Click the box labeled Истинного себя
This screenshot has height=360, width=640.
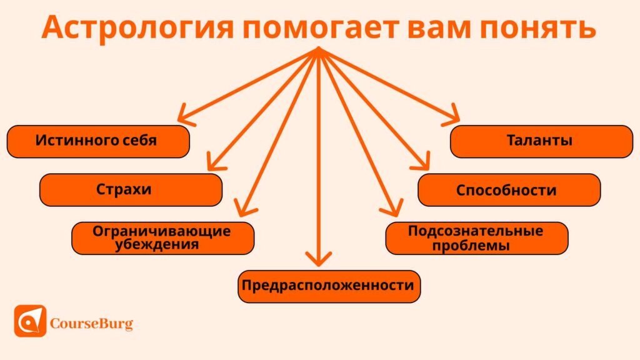pyautogui.click(x=97, y=141)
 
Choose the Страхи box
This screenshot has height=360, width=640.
pyautogui.click(x=131, y=189)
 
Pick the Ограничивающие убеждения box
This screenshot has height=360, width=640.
pyautogui.click(x=162, y=237)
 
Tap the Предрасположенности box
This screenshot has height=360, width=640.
pyautogui.click(x=328, y=286)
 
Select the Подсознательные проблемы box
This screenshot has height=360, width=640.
pyautogui.click(x=476, y=237)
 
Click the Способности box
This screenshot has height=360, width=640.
pyautogui.click(x=509, y=189)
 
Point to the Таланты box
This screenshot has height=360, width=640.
pyautogui.click(x=541, y=141)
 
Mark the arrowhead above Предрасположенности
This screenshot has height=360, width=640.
pyautogui.click(x=319, y=259)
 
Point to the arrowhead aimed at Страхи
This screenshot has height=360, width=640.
pyautogui.click(x=214, y=164)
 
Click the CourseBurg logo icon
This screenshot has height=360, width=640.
pyautogui.click(x=30, y=321)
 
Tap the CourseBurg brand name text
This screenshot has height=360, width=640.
pyautogui.click(x=91, y=324)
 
